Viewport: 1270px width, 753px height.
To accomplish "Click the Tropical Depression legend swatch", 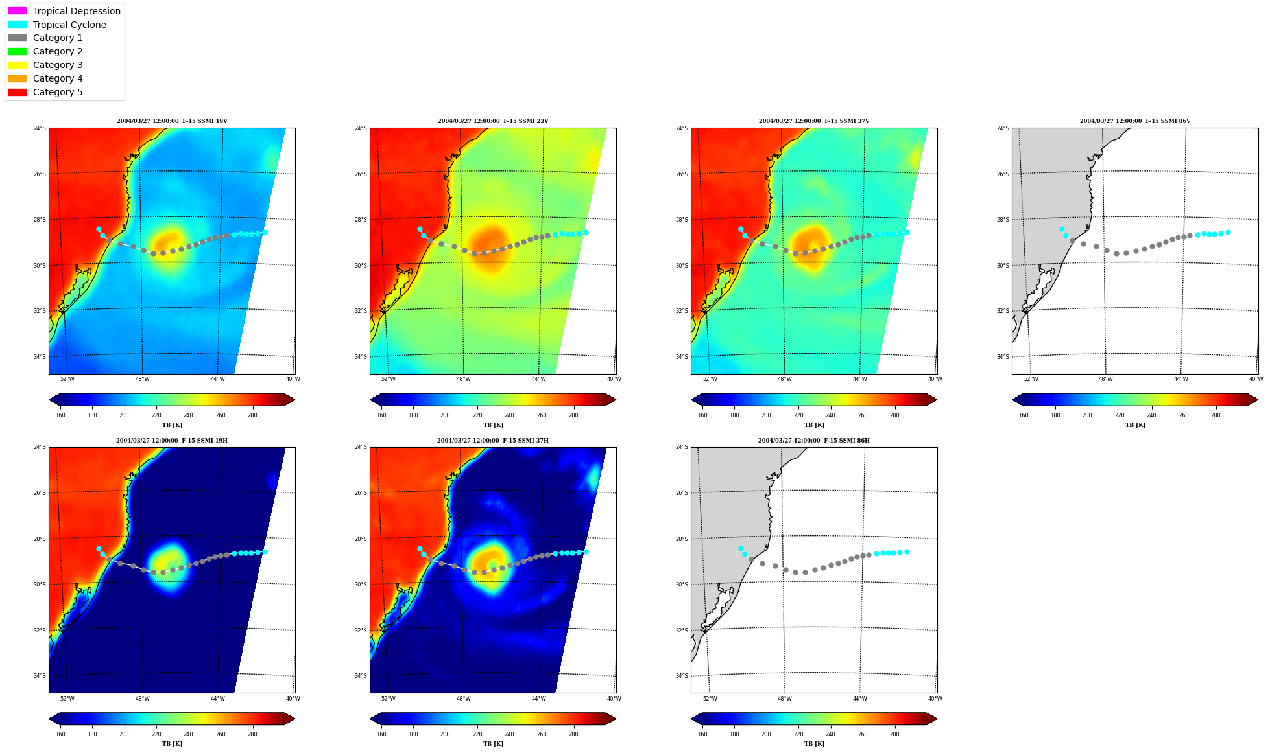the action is tap(18, 11).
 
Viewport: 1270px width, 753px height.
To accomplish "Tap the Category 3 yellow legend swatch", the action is tap(18, 65).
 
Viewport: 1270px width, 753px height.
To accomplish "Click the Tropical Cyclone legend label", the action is tap(69, 25).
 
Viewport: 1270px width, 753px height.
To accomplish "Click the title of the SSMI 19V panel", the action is tap(172, 121).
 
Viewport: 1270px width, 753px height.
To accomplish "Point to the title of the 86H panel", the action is tap(814, 441).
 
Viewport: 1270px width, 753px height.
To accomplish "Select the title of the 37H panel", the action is tap(493, 441).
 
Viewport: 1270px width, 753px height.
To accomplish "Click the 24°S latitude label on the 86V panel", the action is tap(1003, 128).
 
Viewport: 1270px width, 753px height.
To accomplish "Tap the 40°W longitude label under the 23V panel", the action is tap(614, 379).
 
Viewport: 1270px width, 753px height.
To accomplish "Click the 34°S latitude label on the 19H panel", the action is tap(40, 676).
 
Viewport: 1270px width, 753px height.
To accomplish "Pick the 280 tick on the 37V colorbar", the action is tap(894, 415).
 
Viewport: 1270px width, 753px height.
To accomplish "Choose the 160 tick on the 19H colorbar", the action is tap(60, 734).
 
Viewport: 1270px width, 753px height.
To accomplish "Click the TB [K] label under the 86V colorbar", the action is tap(1135, 425).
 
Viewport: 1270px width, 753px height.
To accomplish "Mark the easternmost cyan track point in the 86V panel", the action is tap(1228, 232).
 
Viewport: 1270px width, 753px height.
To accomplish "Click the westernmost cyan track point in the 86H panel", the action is tap(741, 548).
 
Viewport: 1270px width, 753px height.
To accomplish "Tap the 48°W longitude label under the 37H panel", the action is tap(463, 698).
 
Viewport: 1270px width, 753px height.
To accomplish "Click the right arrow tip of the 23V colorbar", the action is tap(616, 400).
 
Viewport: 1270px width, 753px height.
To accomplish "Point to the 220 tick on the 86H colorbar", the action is tap(798, 734).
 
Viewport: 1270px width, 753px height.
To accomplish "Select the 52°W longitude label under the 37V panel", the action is tap(710, 379).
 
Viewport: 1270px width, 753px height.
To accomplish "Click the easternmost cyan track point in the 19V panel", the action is tap(265, 232).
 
